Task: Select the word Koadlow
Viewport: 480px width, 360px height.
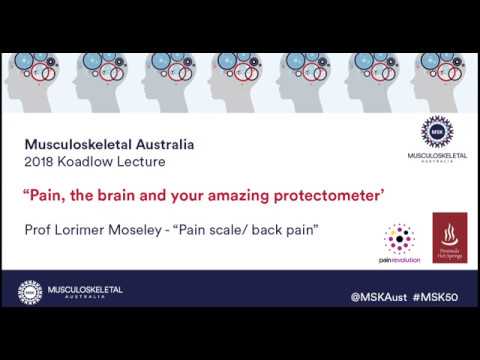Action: pos(89,162)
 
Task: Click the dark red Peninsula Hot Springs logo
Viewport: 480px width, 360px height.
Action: pos(449,237)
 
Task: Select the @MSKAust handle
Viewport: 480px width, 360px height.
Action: pos(381,297)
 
